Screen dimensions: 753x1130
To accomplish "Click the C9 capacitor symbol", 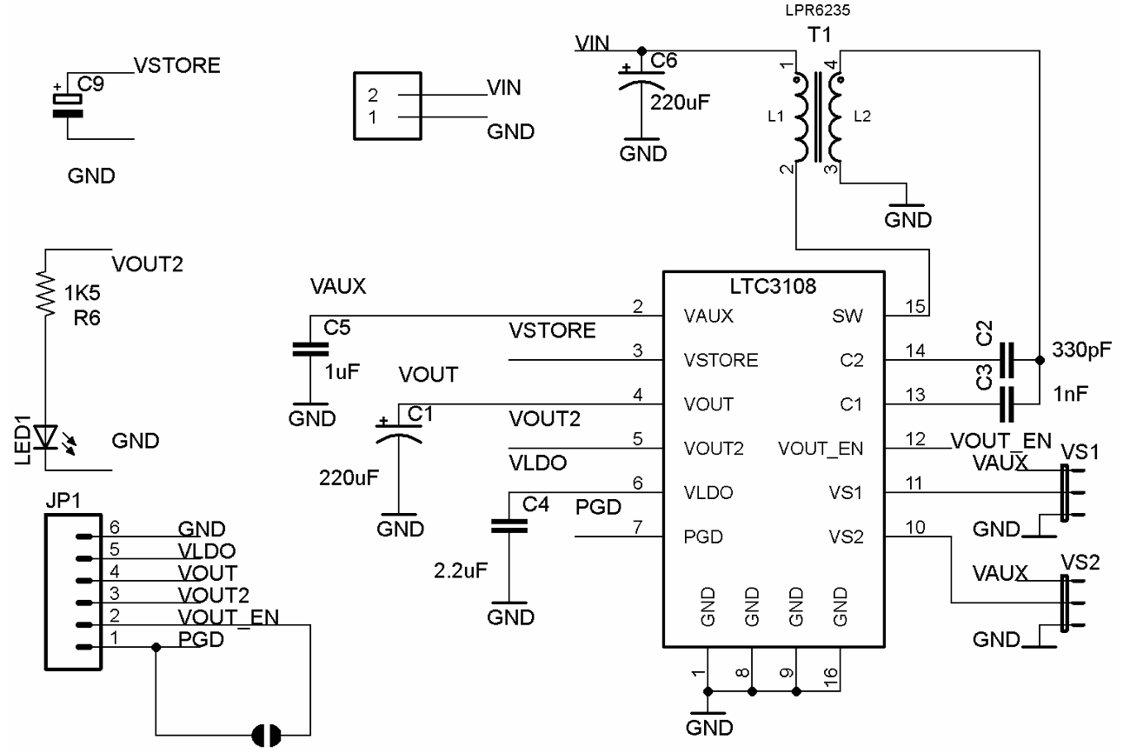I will point(69,105).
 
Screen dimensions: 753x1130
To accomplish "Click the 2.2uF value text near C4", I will point(460,571).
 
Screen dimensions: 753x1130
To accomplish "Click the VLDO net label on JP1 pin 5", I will point(206,551).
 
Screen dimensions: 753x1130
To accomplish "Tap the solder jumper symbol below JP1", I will point(266,736).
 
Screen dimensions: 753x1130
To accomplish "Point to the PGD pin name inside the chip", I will point(702,536).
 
